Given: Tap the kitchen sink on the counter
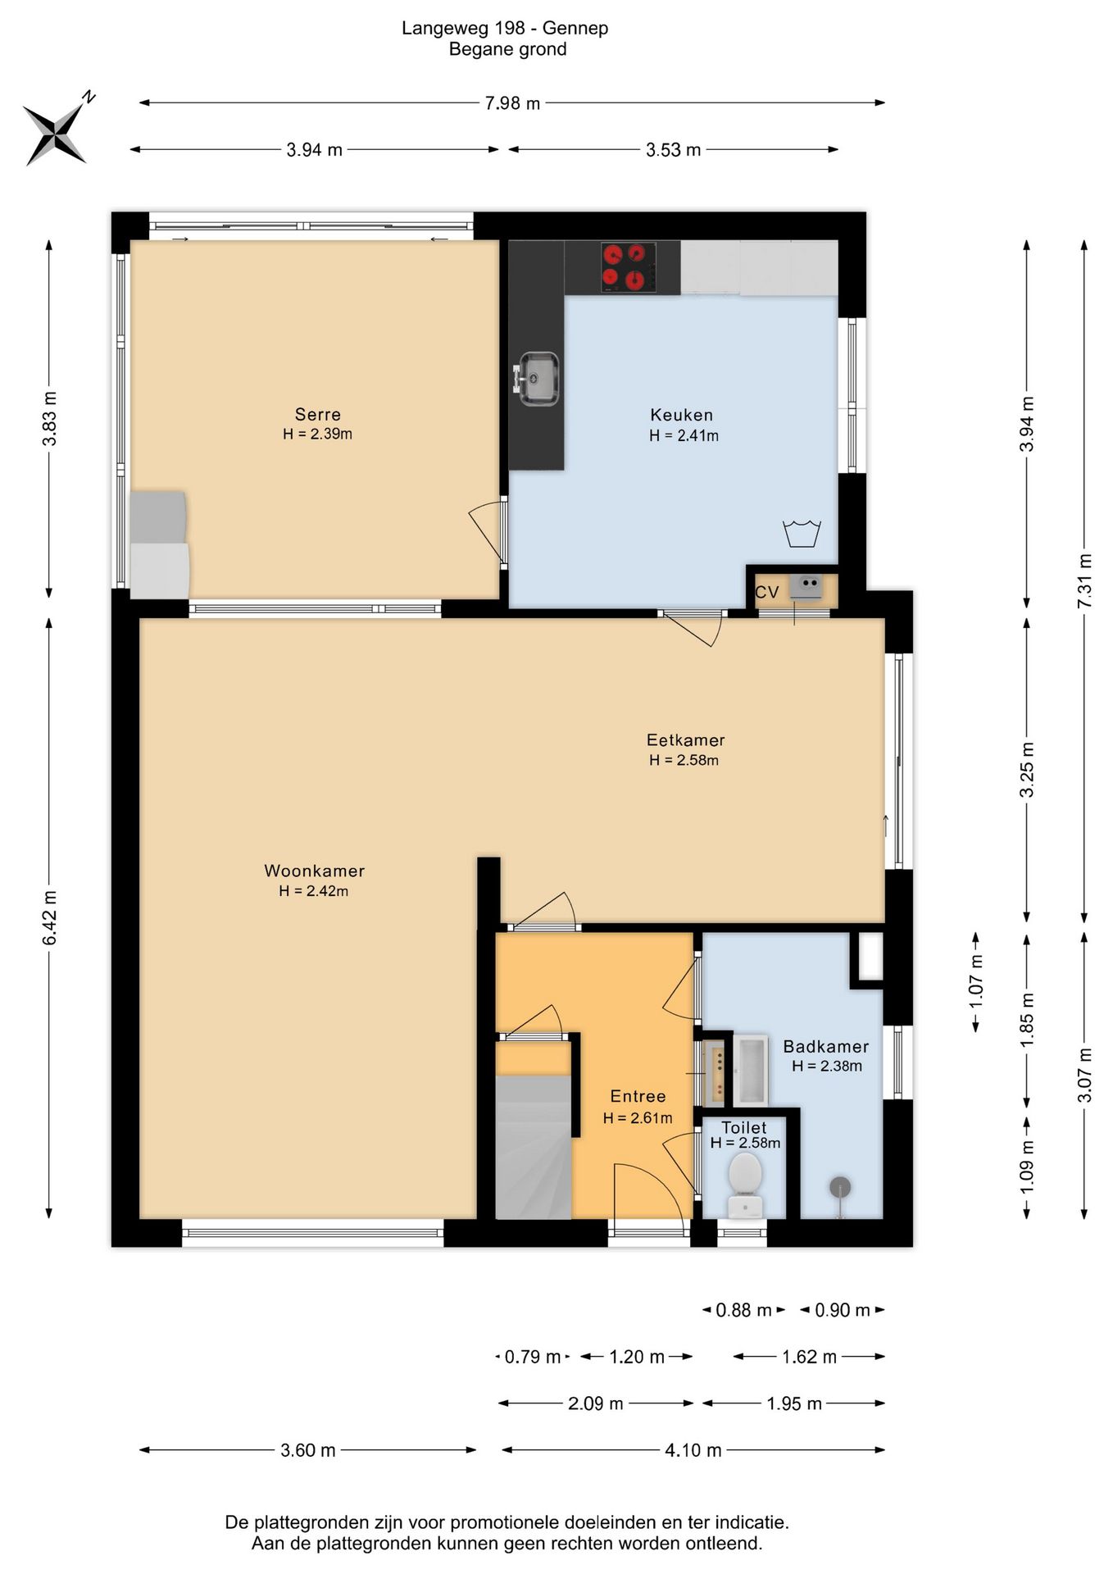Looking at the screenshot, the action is click(538, 378).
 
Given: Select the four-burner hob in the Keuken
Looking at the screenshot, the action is click(629, 267).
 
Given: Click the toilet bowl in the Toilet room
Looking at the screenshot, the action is click(745, 1184).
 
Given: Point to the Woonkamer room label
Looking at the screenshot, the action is click(314, 871).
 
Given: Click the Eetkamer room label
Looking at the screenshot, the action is click(685, 739).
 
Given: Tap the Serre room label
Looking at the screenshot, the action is click(318, 415).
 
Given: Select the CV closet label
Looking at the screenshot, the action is click(766, 592).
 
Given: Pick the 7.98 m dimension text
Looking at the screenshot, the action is click(513, 103).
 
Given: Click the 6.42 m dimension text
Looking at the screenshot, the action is click(50, 917).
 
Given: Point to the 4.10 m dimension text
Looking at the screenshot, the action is click(693, 1450).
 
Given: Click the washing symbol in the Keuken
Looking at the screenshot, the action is click(802, 532).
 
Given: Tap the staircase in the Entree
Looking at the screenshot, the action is click(534, 1147).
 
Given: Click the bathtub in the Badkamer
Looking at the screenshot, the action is click(751, 1070).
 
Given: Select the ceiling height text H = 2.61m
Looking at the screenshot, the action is click(638, 1118).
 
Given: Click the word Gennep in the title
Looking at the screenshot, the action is click(575, 29).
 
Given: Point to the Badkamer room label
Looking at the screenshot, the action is click(826, 1047).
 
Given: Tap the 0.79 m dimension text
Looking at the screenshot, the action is click(533, 1357).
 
